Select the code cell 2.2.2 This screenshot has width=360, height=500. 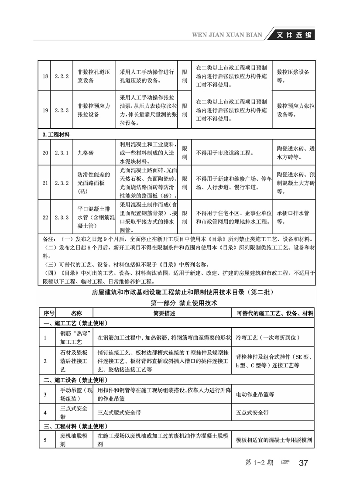tap(62, 76)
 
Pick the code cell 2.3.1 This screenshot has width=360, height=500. tap(62, 153)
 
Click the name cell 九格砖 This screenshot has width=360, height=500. tap(86, 153)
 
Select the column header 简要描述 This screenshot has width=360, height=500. tap(164, 313)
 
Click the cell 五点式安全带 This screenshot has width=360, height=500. tap(252, 412)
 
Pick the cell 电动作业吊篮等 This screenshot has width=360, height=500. tap(255, 395)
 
